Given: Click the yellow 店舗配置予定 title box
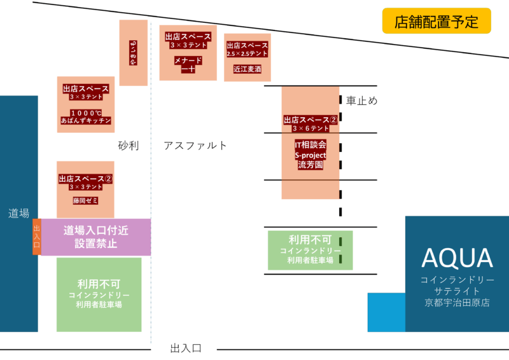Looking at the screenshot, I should tap(436, 21).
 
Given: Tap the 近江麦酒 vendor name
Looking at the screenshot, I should tap(248, 69).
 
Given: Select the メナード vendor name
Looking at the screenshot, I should tap(188, 60).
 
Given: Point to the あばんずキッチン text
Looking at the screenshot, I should tap(86, 120).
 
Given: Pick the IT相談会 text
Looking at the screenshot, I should tap(310, 145).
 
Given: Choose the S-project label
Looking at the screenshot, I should tap(310, 155).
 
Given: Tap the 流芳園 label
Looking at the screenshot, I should tap(310, 165).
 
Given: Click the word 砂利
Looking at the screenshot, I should tap(128, 145).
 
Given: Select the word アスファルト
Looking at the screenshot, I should tap(195, 145).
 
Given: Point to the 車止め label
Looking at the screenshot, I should tap(362, 100).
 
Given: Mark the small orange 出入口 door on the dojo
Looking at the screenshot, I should tap(36, 237).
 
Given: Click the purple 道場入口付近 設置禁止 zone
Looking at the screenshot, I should tap(96, 237).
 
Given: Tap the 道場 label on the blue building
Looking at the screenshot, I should tap(19, 213).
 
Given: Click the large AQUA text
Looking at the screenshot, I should tap(457, 258).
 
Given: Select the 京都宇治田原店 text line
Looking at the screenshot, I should tap(457, 303).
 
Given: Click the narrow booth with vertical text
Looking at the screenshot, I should tap(133, 52).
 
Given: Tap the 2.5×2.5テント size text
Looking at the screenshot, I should tap(248, 55).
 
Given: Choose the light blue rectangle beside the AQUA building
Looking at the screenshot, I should tap(386, 312).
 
